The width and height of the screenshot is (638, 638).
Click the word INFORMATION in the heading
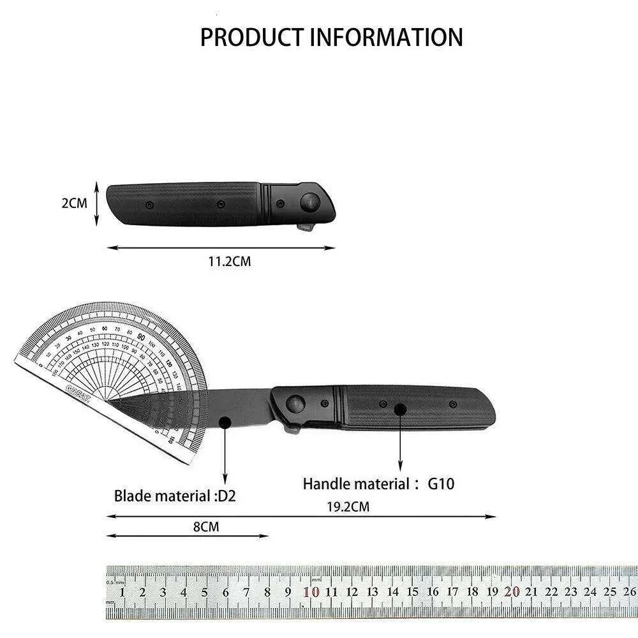click(x=386, y=37)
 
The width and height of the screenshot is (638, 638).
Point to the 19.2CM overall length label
click(x=348, y=507)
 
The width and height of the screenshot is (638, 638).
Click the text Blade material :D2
click(x=175, y=496)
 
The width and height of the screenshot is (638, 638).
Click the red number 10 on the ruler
click(x=311, y=591)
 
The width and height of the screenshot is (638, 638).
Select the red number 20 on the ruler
click(x=511, y=591)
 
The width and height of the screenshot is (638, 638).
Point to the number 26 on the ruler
click(x=629, y=591)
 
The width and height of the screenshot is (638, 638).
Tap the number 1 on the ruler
click(x=122, y=591)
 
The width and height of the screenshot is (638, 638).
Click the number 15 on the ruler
click(x=413, y=591)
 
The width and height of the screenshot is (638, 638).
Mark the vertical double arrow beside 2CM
click(x=96, y=204)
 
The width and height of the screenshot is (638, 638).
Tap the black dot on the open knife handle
click(x=400, y=409)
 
